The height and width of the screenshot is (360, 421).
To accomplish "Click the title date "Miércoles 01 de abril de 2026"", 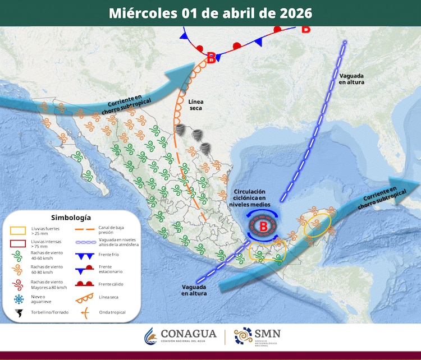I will pyautogui.click(x=210, y=13).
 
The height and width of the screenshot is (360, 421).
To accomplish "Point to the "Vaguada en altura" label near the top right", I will pyautogui.click(x=351, y=79).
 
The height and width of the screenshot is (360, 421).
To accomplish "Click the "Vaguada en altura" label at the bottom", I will pyautogui.click(x=194, y=290).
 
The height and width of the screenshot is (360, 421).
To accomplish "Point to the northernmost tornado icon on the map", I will pyautogui.click(x=182, y=130).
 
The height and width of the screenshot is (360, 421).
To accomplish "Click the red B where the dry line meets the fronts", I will pyautogui.click(x=211, y=57).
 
